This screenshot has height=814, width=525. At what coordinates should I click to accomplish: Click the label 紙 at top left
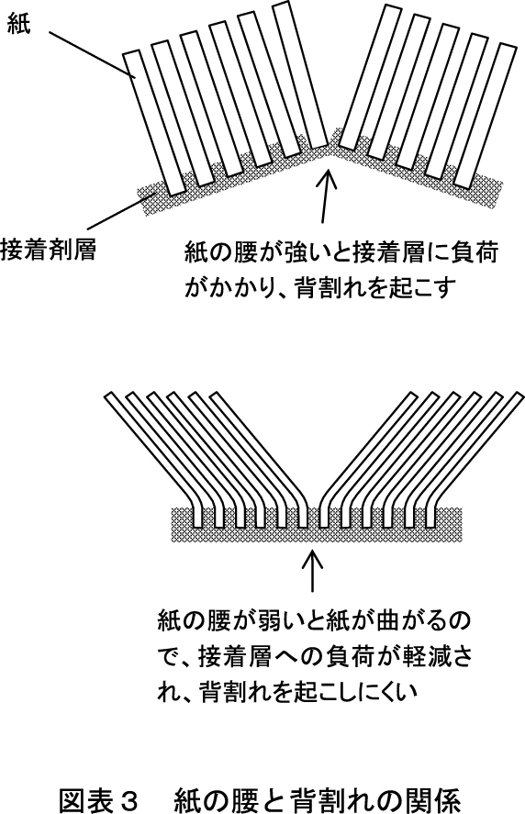pyautogui.click(x=18, y=22)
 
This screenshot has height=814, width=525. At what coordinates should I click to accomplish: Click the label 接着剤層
pyautogui.click(x=49, y=250)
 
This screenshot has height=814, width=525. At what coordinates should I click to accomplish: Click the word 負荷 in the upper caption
pyautogui.click(x=476, y=254)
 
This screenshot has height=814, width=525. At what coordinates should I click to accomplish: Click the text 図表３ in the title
pyautogui.click(x=97, y=800)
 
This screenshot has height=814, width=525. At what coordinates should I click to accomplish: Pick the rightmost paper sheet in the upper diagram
pyautogui.click(x=485, y=116)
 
